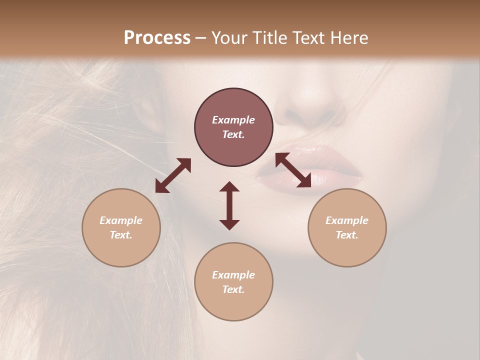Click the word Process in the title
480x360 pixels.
pyautogui.click(x=157, y=38)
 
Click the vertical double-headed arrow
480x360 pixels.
pyautogui.click(x=229, y=205)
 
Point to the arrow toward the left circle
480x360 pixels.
pyautogui.click(x=173, y=175)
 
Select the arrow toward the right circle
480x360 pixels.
pyautogui.click(x=293, y=170)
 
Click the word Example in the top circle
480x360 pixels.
pyautogui.click(x=233, y=120)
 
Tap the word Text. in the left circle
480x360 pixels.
pyautogui.click(x=121, y=235)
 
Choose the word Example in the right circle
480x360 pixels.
pyautogui.click(x=347, y=220)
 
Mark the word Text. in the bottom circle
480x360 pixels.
pyautogui.click(x=233, y=289)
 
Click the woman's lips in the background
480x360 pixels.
pyautogui.click(x=310, y=165)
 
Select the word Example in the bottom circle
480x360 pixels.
pyautogui.click(x=233, y=275)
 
